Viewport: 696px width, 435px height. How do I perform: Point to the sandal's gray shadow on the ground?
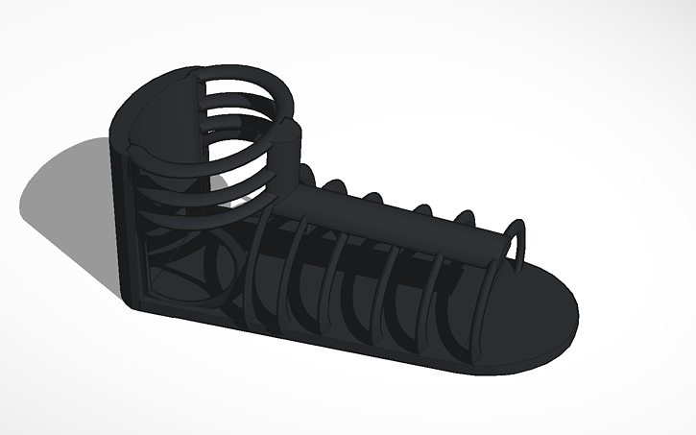[67, 192]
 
